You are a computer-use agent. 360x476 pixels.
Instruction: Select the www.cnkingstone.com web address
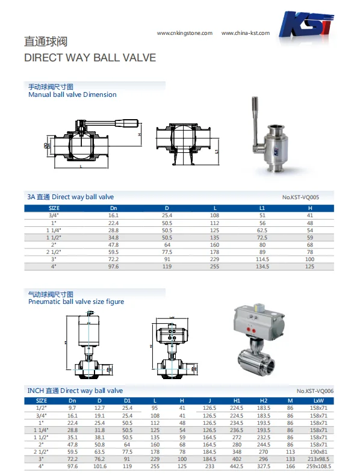(x=185, y=33)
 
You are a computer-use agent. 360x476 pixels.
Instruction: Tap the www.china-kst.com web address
(x=246, y=33)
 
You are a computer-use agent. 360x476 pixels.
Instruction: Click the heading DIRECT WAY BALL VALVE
(x=90, y=58)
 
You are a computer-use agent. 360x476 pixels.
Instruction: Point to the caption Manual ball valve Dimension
(x=72, y=94)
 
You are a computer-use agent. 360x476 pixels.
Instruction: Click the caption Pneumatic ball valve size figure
(x=76, y=301)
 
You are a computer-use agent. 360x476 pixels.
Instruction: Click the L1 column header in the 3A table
(x=262, y=208)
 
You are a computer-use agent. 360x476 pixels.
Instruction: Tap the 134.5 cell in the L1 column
(x=262, y=266)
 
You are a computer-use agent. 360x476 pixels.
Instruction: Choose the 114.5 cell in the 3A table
(x=262, y=259)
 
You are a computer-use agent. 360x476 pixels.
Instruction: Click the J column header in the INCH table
(x=209, y=400)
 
